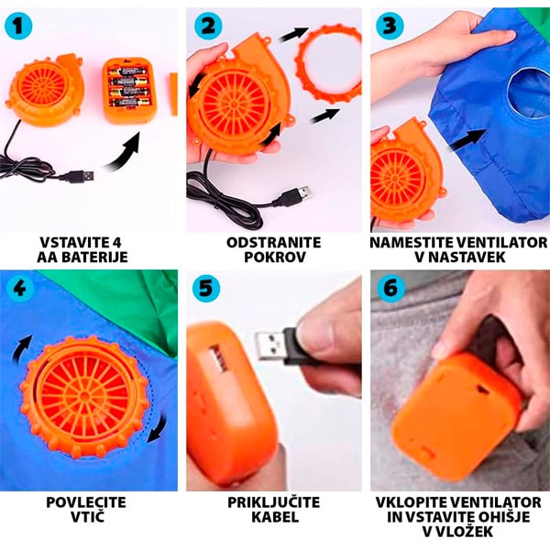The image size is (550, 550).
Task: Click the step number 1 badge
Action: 18,26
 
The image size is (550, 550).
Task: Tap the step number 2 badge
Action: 208,26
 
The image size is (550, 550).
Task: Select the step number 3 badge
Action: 390,26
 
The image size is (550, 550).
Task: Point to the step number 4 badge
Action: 20,289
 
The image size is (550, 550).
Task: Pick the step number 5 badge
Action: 206,289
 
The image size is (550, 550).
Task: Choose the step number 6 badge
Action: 391,289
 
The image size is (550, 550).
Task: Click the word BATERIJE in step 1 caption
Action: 94,257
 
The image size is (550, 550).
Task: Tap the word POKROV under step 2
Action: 275,257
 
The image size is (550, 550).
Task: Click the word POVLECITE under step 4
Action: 86,502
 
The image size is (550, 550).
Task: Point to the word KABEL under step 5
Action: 275,517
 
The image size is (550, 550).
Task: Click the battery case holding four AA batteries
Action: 129,91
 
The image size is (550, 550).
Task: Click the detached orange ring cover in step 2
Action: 329,61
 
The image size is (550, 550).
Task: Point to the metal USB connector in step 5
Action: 270,346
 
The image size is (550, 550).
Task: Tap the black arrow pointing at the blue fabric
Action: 467,140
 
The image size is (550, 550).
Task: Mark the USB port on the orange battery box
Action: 218,358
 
